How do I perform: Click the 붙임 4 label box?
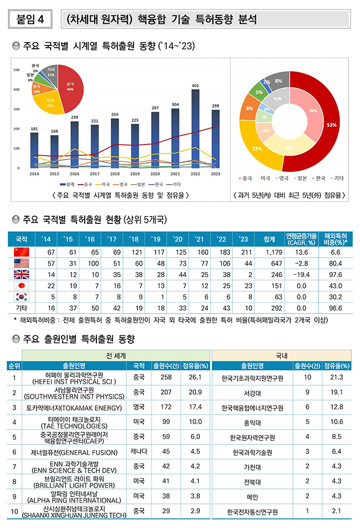pos(30,19)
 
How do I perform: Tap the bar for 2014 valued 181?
pos(35,150)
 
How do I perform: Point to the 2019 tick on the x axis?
pos(135,173)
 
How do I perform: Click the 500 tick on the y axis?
pos(17,70)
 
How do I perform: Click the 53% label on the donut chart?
pos(331,125)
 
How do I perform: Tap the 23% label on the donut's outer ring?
pos(257,149)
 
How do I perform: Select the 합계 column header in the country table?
pos(270,239)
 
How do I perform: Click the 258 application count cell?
pos(166,377)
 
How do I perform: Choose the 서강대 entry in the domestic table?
pos(253,392)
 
